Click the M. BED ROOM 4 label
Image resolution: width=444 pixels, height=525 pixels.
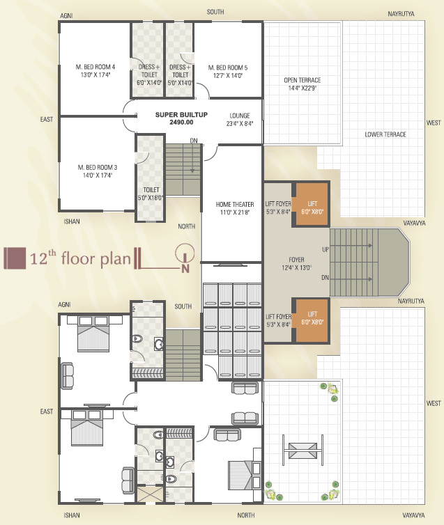coord(95,70)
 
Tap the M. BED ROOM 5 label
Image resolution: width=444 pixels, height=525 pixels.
coord(228,71)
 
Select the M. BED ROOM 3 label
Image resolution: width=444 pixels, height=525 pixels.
coord(98,171)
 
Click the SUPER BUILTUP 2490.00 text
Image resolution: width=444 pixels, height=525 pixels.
coord(181,118)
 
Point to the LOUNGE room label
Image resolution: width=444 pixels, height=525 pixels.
coord(240,119)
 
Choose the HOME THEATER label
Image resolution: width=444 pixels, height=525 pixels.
coord(235,208)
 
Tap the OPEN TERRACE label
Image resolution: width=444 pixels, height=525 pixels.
coord(303,84)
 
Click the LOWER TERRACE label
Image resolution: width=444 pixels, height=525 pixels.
coord(385,134)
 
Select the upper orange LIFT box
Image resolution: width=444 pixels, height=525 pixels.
coord(312,204)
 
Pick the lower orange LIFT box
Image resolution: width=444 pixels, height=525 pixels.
coord(312,320)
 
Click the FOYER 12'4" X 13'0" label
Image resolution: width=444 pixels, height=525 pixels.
coord(297,263)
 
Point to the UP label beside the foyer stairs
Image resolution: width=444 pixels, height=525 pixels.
coord(326,249)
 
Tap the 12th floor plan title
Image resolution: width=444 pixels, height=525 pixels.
coord(80,258)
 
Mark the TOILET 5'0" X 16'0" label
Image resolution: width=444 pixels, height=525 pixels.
coord(151,194)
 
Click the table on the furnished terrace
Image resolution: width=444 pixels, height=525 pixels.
coord(303,450)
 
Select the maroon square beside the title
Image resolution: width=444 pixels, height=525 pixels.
coord(15,258)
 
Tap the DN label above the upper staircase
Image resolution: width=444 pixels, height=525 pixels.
coord(194,141)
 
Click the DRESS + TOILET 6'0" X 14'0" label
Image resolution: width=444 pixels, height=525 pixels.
coord(149,75)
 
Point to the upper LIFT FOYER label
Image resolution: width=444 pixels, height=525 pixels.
coord(278,207)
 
